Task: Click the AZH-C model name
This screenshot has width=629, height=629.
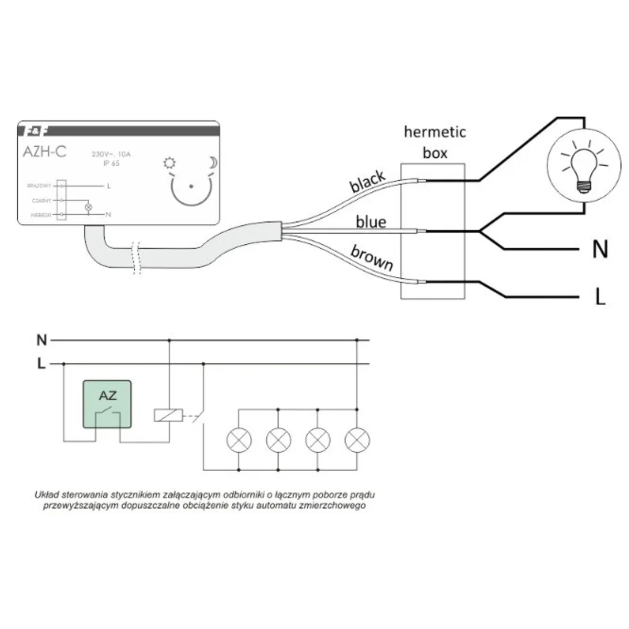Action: (x=45, y=151)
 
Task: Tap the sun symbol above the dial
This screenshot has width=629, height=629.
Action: (x=169, y=164)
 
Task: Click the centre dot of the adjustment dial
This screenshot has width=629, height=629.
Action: (x=191, y=186)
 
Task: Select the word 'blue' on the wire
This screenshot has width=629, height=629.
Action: (x=371, y=222)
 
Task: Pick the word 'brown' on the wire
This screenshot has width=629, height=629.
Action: (x=372, y=257)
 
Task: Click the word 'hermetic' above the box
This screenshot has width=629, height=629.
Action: (x=435, y=132)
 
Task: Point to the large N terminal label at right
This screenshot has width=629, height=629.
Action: (x=600, y=250)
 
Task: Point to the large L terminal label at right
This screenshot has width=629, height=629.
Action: (x=600, y=297)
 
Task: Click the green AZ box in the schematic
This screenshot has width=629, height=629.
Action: (x=107, y=404)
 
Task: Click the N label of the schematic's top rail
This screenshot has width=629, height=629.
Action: (x=41, y=341)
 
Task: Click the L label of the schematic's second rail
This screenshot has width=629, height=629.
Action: (x=41, y=363)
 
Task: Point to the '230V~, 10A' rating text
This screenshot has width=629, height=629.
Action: (x=111, y=154)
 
